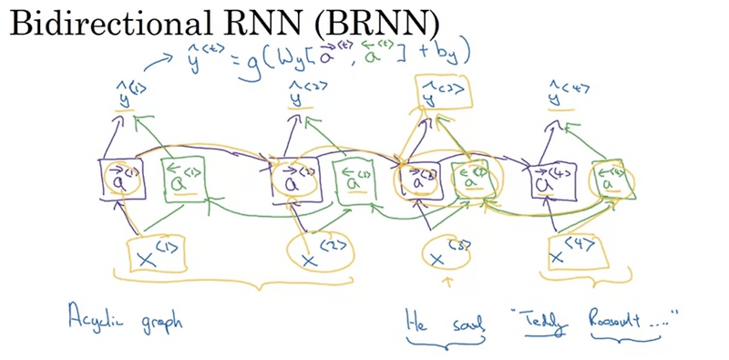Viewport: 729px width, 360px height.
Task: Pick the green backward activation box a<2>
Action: pos(354,180)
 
